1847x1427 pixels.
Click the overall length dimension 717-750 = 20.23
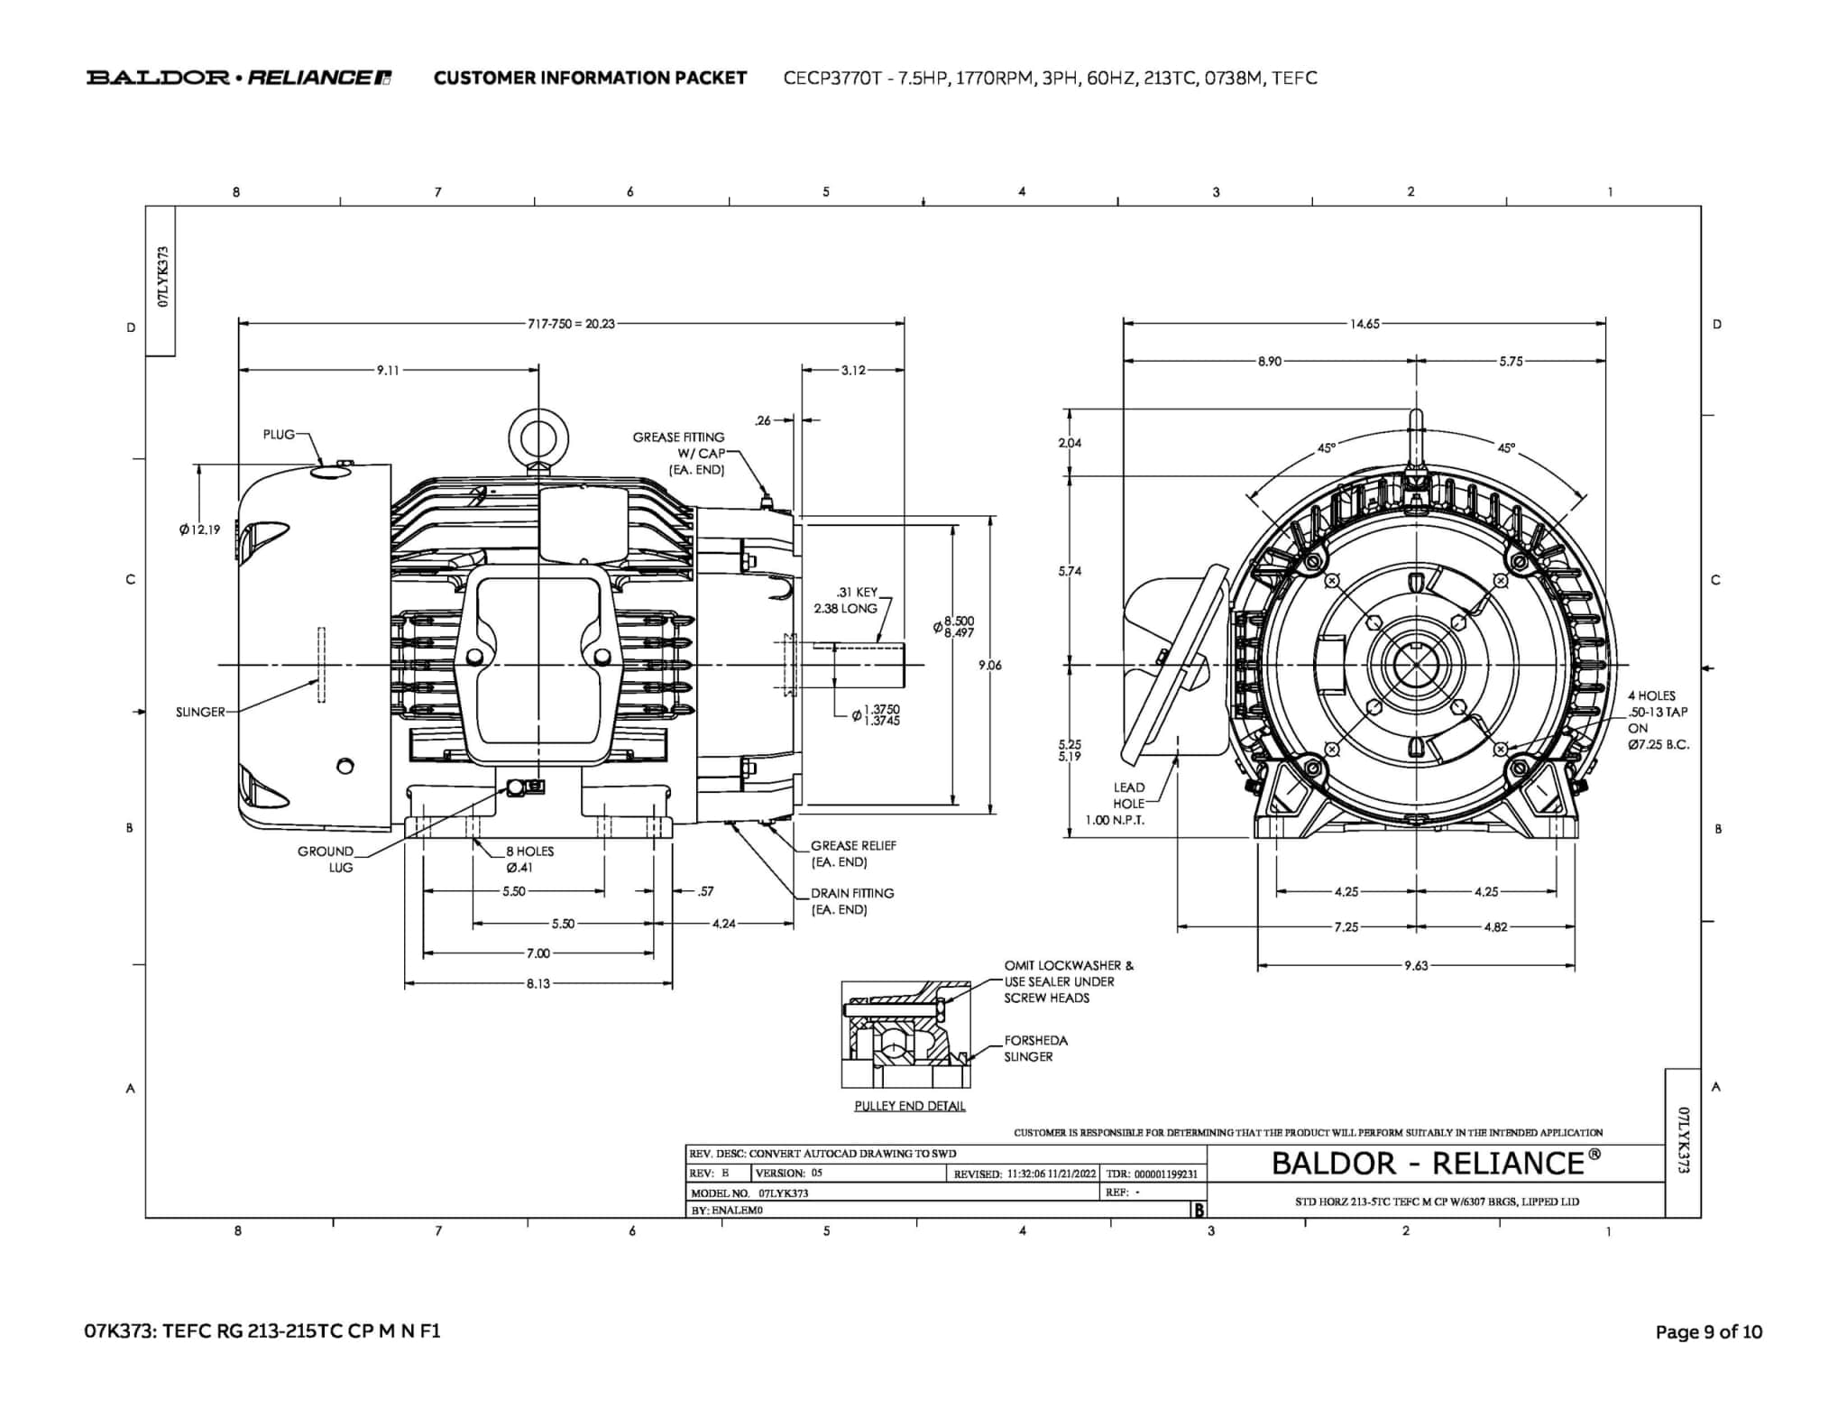571,324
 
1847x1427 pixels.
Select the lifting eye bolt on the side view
538,439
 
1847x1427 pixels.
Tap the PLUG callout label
279,435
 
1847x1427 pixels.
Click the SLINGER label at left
200,712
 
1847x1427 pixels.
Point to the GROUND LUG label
327,859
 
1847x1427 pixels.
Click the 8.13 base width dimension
538,983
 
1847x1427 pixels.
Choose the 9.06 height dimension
989,666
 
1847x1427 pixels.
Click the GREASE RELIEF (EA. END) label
852,853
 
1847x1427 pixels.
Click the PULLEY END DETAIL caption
909,1106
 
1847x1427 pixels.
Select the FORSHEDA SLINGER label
1035,1048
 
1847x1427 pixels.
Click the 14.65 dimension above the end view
1364,324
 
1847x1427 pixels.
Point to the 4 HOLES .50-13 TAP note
1658,720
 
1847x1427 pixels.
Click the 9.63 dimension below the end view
1416,965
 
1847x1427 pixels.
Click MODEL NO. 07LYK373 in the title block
749,1192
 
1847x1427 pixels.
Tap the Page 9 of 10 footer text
1708,1332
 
